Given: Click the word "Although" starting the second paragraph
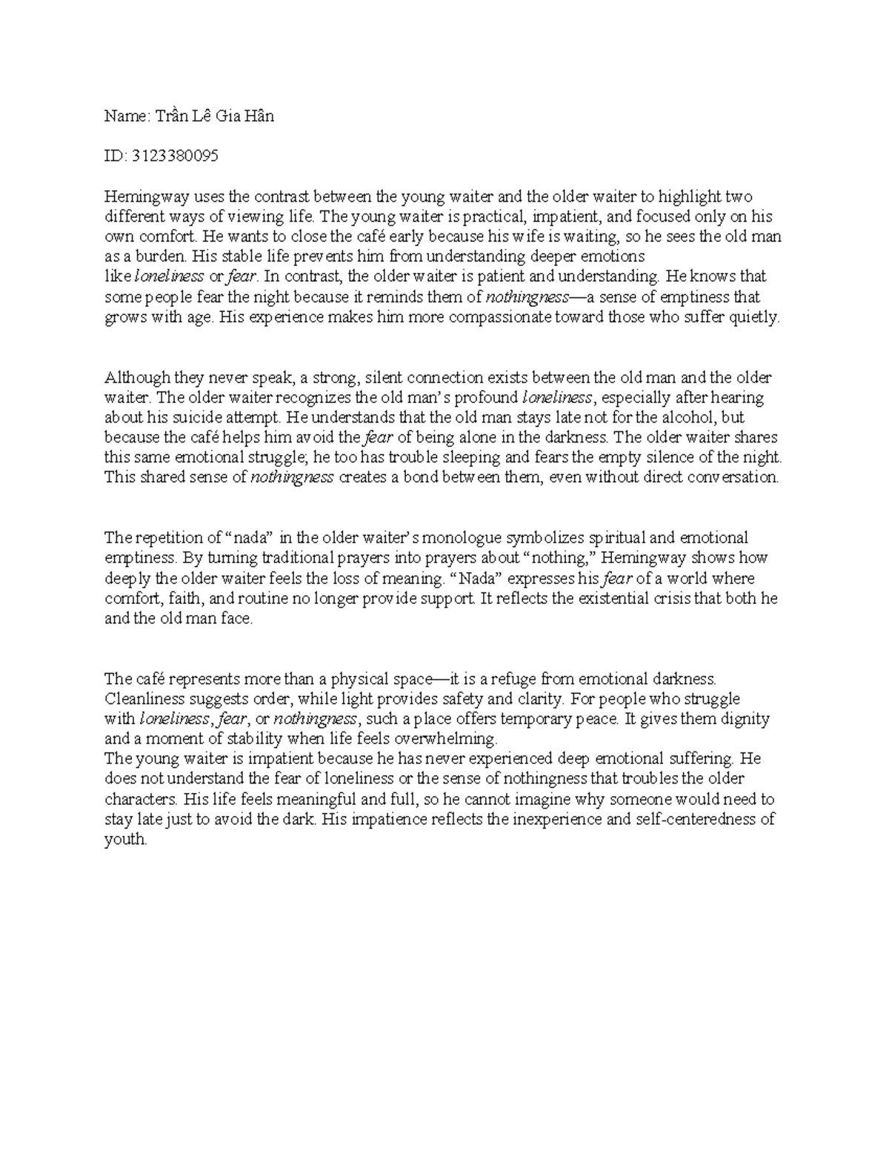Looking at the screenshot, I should tap(137, 377).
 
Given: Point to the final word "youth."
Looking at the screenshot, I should tap(127, 839).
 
